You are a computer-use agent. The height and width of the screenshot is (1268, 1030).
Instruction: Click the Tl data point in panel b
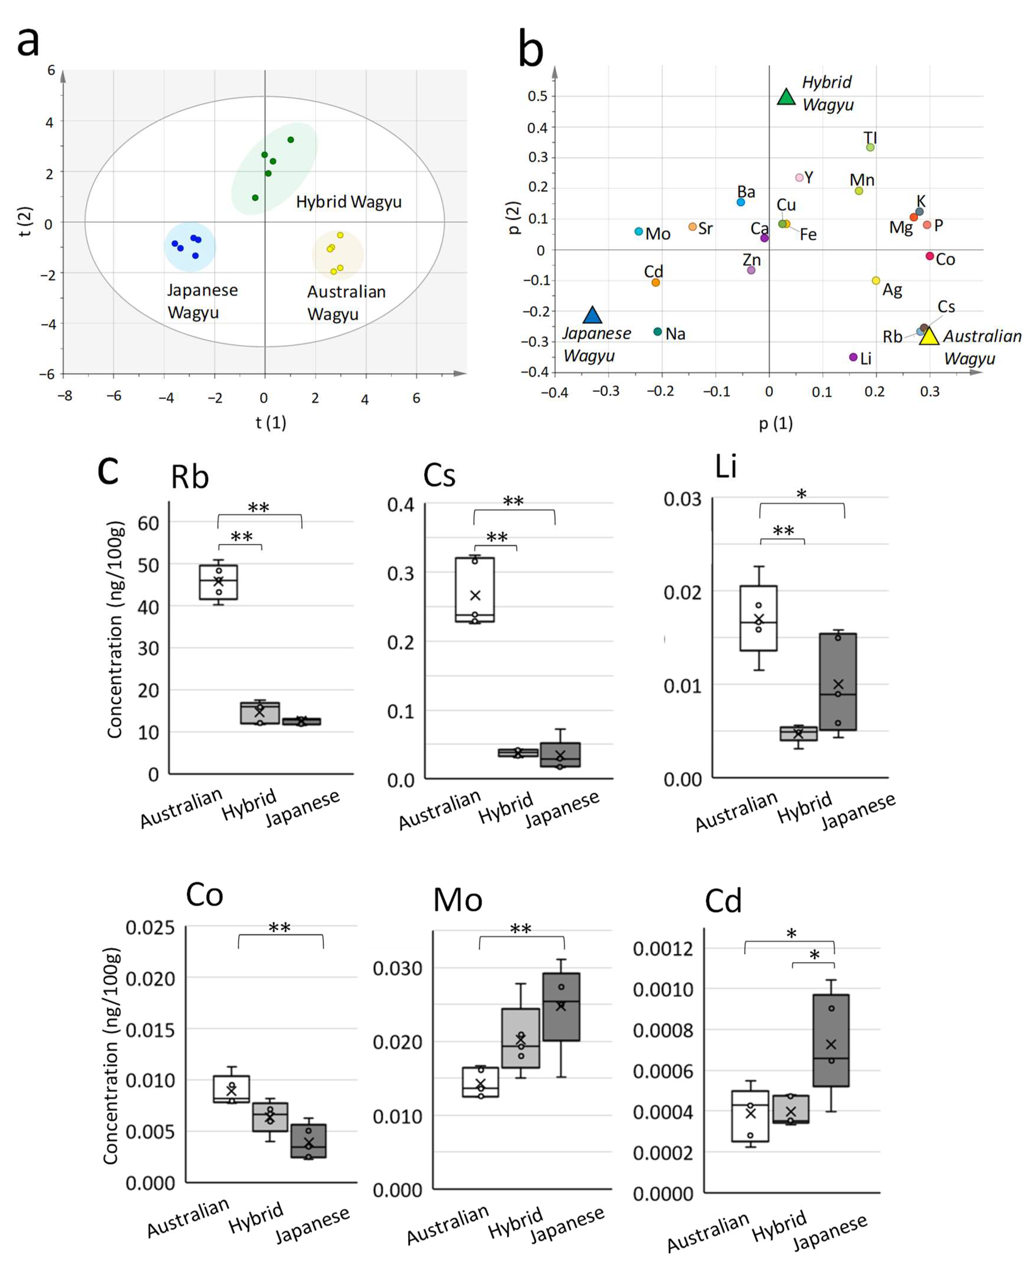click(x=870, y=147)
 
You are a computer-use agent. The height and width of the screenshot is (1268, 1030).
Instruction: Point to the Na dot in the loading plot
click(x=657, y=332)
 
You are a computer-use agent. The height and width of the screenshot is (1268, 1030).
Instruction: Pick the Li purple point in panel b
click(x=853, y=357)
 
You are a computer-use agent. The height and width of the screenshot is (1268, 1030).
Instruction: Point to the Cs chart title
click(x=439, y=475)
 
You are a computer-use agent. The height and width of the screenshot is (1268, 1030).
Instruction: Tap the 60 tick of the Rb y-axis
click(x=148, y=523)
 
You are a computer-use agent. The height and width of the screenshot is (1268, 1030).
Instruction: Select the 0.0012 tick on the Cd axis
click(x=663, y=949)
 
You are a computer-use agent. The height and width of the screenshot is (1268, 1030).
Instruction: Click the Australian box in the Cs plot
click(x=475, y=590)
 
